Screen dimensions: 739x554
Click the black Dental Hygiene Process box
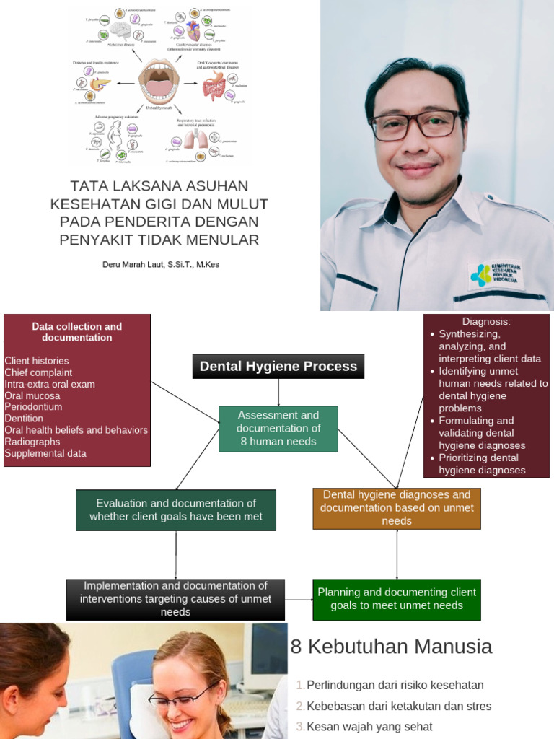click(278, 366)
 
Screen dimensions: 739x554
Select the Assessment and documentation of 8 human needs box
click(278, 429)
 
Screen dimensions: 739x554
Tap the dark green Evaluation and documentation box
click(176, 510)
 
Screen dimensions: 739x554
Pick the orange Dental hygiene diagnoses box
click(397, 508)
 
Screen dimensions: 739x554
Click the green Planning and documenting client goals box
click(397, 598)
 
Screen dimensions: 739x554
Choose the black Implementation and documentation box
click(176, 599)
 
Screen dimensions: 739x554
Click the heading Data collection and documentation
click(77, 332)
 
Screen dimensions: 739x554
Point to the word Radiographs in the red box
click(32, 442)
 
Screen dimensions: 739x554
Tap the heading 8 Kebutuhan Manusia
click(391, 647)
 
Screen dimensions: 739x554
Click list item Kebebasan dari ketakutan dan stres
click(399, 706)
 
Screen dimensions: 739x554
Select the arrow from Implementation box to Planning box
click(298, 599)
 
